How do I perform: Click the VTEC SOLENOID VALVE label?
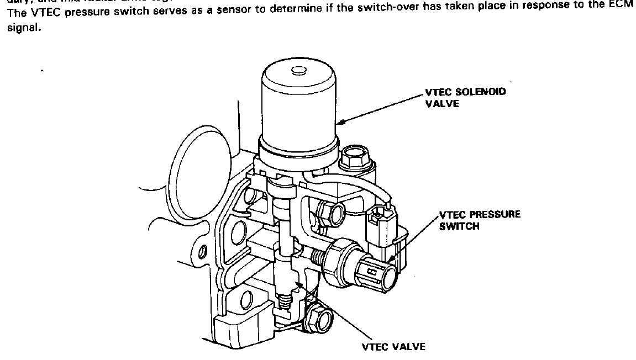click(465, 98)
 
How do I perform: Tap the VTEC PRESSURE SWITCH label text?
click(480, 220)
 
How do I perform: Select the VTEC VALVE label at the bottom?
click(393, 347)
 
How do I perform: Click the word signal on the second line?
click(18, 27)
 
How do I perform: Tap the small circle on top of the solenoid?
click(298, 70)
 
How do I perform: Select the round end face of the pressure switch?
click(382, 274)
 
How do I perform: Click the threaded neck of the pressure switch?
click(319, 256)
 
